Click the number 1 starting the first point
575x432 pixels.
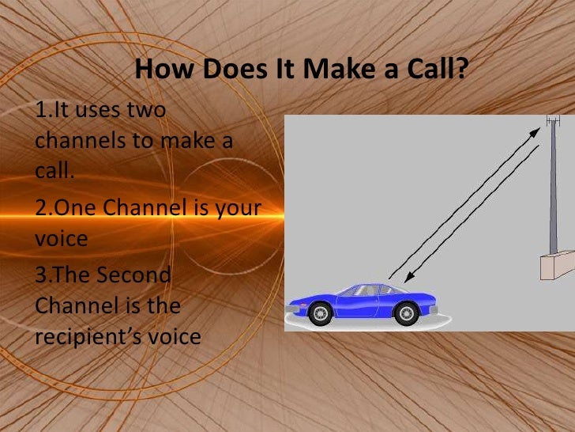click(41, 112)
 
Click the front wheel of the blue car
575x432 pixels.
click(321, 313)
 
